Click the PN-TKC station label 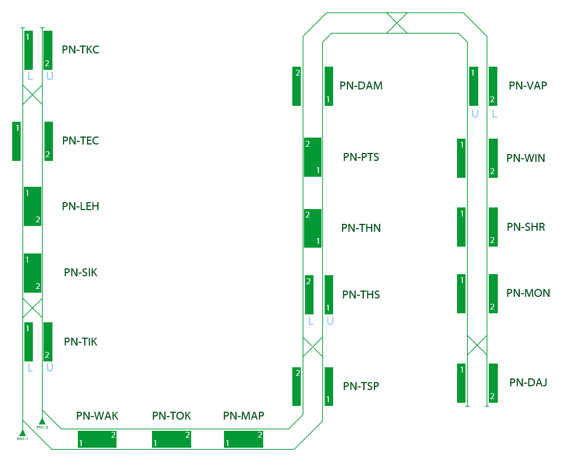80,50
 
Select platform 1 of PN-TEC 16,141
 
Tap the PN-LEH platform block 32,206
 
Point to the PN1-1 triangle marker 22,432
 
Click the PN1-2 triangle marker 42,421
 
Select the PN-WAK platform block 97,439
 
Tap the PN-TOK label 171,416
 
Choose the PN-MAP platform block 244,439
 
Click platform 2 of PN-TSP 297,386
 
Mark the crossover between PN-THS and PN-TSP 312,347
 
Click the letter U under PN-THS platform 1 330,321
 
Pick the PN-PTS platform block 312,157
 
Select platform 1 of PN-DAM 329,86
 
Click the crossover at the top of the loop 397,23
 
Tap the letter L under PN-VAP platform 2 494,113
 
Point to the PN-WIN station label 525,158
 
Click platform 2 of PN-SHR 493,227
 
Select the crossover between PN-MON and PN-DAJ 477,345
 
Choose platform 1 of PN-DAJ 461,383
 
